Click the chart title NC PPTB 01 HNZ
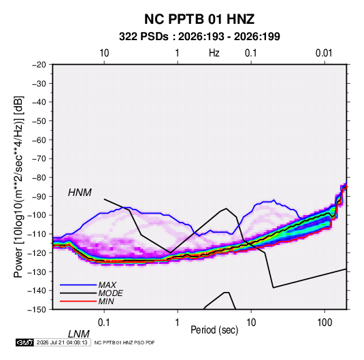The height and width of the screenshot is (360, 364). (199, 19)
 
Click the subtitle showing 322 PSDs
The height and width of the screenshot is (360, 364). (199, 37)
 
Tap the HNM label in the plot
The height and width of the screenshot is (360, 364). (80, 193)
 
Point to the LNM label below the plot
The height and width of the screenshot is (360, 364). (78, 334)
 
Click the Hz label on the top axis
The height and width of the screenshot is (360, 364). (214, 53)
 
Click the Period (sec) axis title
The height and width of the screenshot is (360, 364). (214, 330)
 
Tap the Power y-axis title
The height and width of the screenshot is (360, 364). (18, 187)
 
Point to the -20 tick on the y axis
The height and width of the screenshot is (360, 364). (39, 65)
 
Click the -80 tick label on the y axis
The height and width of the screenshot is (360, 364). (39, 178)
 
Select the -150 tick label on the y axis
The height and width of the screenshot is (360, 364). (37, 310)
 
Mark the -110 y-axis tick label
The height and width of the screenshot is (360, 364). (37, 234)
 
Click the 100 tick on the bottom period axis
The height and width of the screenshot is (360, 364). (325, 323)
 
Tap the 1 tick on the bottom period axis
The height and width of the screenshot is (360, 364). (178, 323)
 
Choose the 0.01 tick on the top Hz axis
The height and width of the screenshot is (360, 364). (324, 53)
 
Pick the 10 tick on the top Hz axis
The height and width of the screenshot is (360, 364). (104, 53)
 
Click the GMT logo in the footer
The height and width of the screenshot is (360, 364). (25, 342)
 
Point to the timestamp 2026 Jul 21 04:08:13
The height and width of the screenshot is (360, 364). (62, 342)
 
